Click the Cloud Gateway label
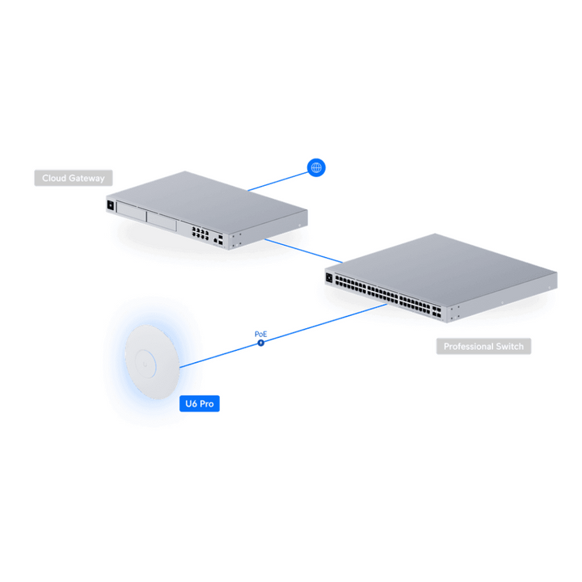(74, 178)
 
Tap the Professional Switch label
(483, 346)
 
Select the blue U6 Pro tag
(200, 403)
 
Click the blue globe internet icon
(316, 167)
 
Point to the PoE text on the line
(261, 334)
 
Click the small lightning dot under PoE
(261, 343)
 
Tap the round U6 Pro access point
(152, 362)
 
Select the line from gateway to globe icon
(277, 182)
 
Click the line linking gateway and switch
(304, 251)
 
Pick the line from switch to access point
(283, 336)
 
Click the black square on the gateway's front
(110, 205)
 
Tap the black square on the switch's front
(329, 277)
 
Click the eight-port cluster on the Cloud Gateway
(200, 233)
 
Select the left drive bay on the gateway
(131, 211)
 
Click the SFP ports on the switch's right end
(436, 312)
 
